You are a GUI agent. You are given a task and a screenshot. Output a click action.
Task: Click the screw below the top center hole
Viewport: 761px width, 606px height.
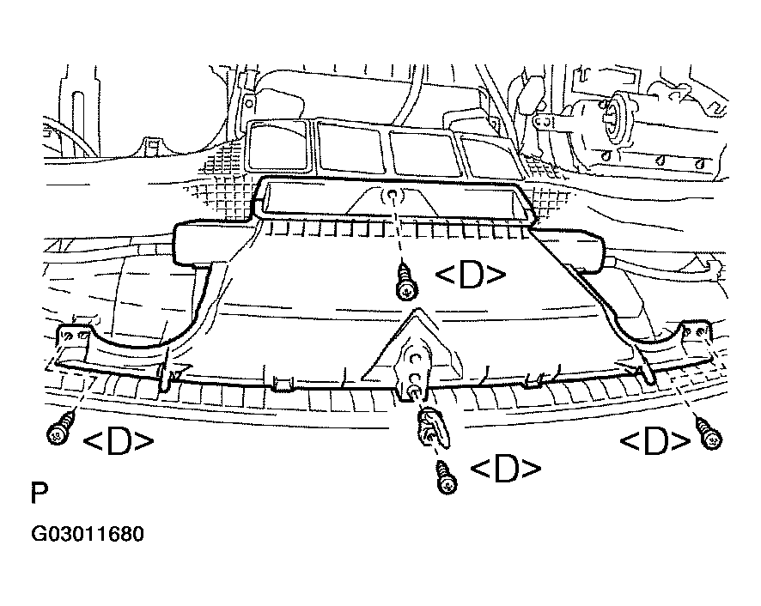(x=406, y=282)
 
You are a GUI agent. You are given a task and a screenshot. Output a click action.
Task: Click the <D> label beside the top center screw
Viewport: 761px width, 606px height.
(x=471, y=275)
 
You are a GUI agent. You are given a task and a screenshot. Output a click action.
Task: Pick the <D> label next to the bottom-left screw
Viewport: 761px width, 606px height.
(x=119, y=440)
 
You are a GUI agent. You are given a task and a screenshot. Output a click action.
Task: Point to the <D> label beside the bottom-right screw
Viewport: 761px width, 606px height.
(x=655, y=440)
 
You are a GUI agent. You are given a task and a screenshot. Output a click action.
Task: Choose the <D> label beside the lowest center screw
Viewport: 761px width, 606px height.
(x=506, y=468)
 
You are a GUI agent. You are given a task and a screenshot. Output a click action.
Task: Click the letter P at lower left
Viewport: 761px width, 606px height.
(x=40, y=493)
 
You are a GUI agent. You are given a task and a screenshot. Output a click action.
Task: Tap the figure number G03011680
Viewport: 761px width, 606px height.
(x=88, y=534)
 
